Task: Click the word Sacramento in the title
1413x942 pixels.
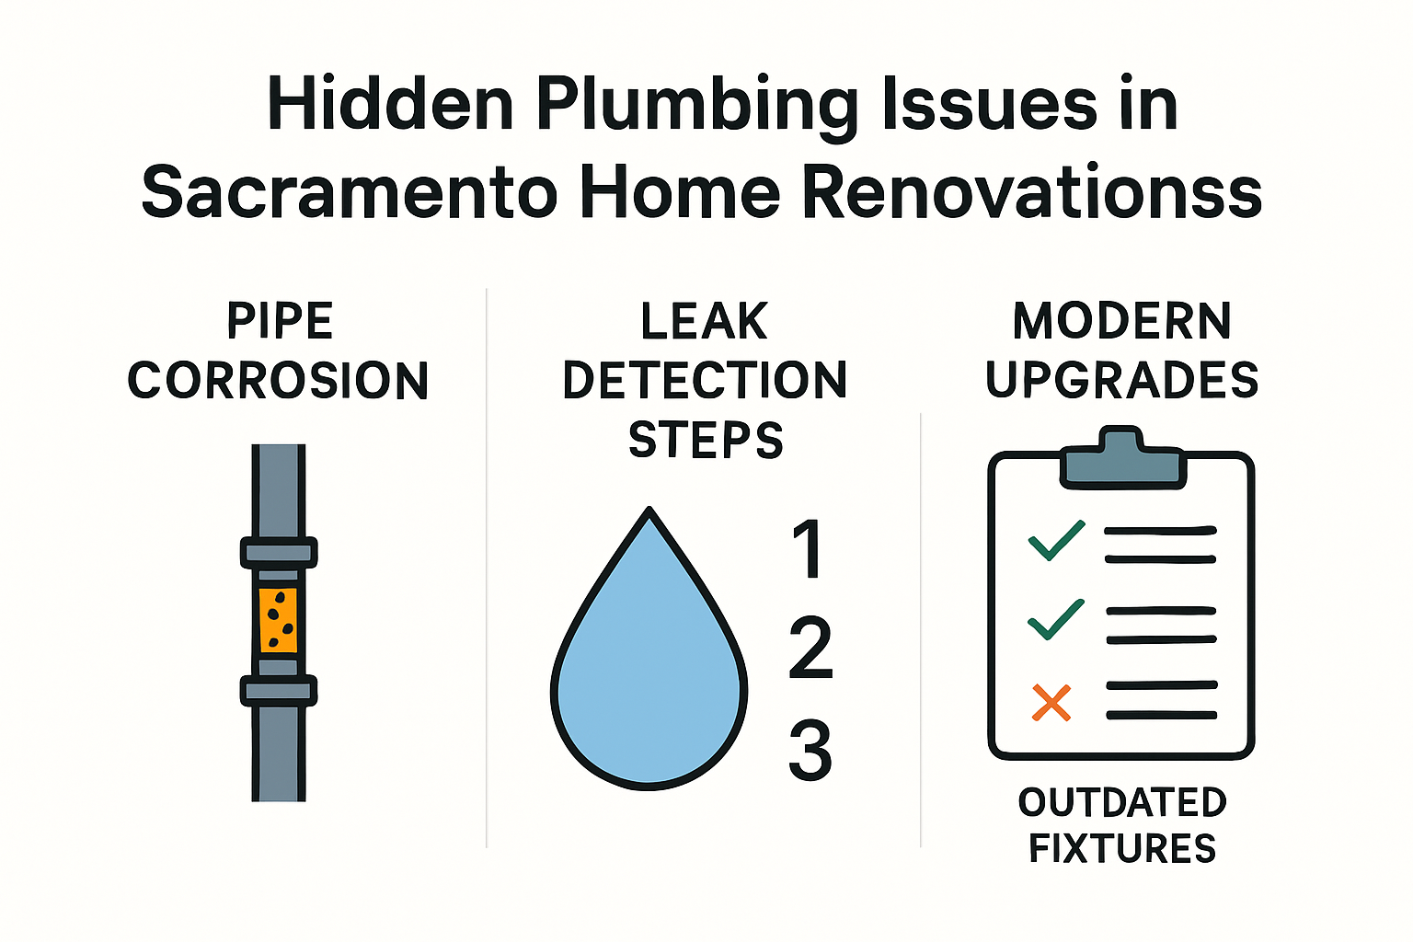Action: (350, 192)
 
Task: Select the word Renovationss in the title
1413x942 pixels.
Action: (1031, 192)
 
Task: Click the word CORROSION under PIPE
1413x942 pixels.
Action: (278, 381)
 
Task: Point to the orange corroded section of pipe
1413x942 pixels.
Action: (279, 619)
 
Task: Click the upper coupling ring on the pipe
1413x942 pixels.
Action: (279, 552)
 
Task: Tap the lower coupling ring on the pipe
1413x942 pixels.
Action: (279, 690)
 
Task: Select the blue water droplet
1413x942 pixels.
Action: (649, 681)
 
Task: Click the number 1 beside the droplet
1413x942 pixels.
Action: (809, 549)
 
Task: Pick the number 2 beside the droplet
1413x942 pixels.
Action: (810, 649)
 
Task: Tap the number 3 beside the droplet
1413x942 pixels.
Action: (810, 750)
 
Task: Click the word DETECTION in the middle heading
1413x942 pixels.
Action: (705, 381)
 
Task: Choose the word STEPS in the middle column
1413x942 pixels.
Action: (706, 440)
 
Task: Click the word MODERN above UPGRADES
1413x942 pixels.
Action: (1121, 322)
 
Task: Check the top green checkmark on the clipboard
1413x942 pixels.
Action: (1056, 540)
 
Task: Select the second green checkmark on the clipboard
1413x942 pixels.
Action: (1056, 619)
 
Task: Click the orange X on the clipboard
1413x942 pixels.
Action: (1051, 702)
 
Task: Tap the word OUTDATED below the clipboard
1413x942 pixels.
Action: (1121, 802)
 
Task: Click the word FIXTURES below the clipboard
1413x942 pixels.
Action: (1121, 848)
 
